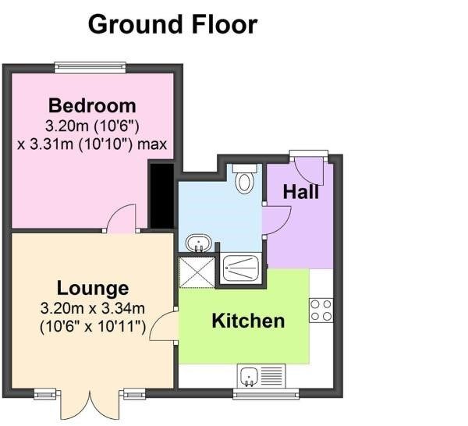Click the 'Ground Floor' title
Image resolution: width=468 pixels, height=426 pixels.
(x=172, y=24)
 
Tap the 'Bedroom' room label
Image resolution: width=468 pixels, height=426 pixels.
(x=92, y=105)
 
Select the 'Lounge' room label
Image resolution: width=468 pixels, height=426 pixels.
(x=92, y=289)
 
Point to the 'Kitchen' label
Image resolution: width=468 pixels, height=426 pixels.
(x=248, y=321)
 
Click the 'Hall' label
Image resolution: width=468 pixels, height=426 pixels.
(x=300, y=192)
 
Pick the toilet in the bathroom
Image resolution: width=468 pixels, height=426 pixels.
(x=244, y=179)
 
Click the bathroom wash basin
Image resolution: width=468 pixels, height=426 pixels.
(x=200, y=243)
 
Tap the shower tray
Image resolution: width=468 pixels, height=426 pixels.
(x=243, y=268)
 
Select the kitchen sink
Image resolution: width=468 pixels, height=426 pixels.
(x=258, y=377)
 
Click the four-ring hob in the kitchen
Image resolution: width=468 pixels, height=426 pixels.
(x=321, y=310)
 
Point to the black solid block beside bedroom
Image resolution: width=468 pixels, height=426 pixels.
(x=161, y=196)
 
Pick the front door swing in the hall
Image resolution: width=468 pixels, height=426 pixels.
(x=310, y=170)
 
